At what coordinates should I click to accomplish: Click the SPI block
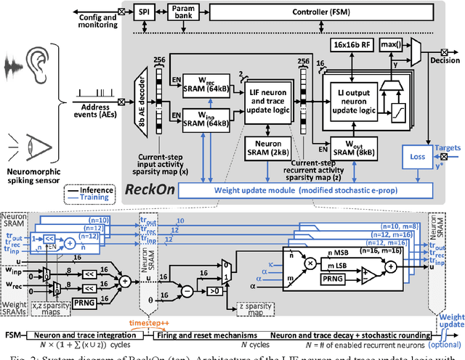click(144, 12)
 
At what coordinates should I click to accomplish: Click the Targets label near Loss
click(448, 147)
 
